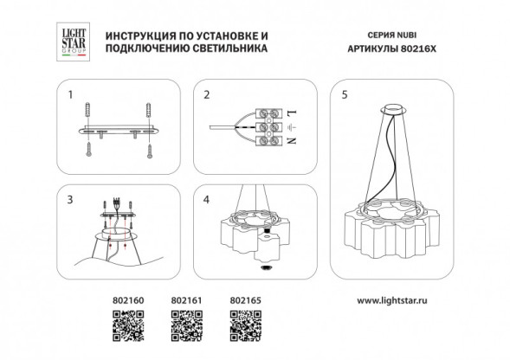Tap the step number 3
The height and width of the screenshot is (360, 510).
72,199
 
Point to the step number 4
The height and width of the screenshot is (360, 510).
207,199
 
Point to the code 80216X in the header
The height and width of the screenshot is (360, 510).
422,50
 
